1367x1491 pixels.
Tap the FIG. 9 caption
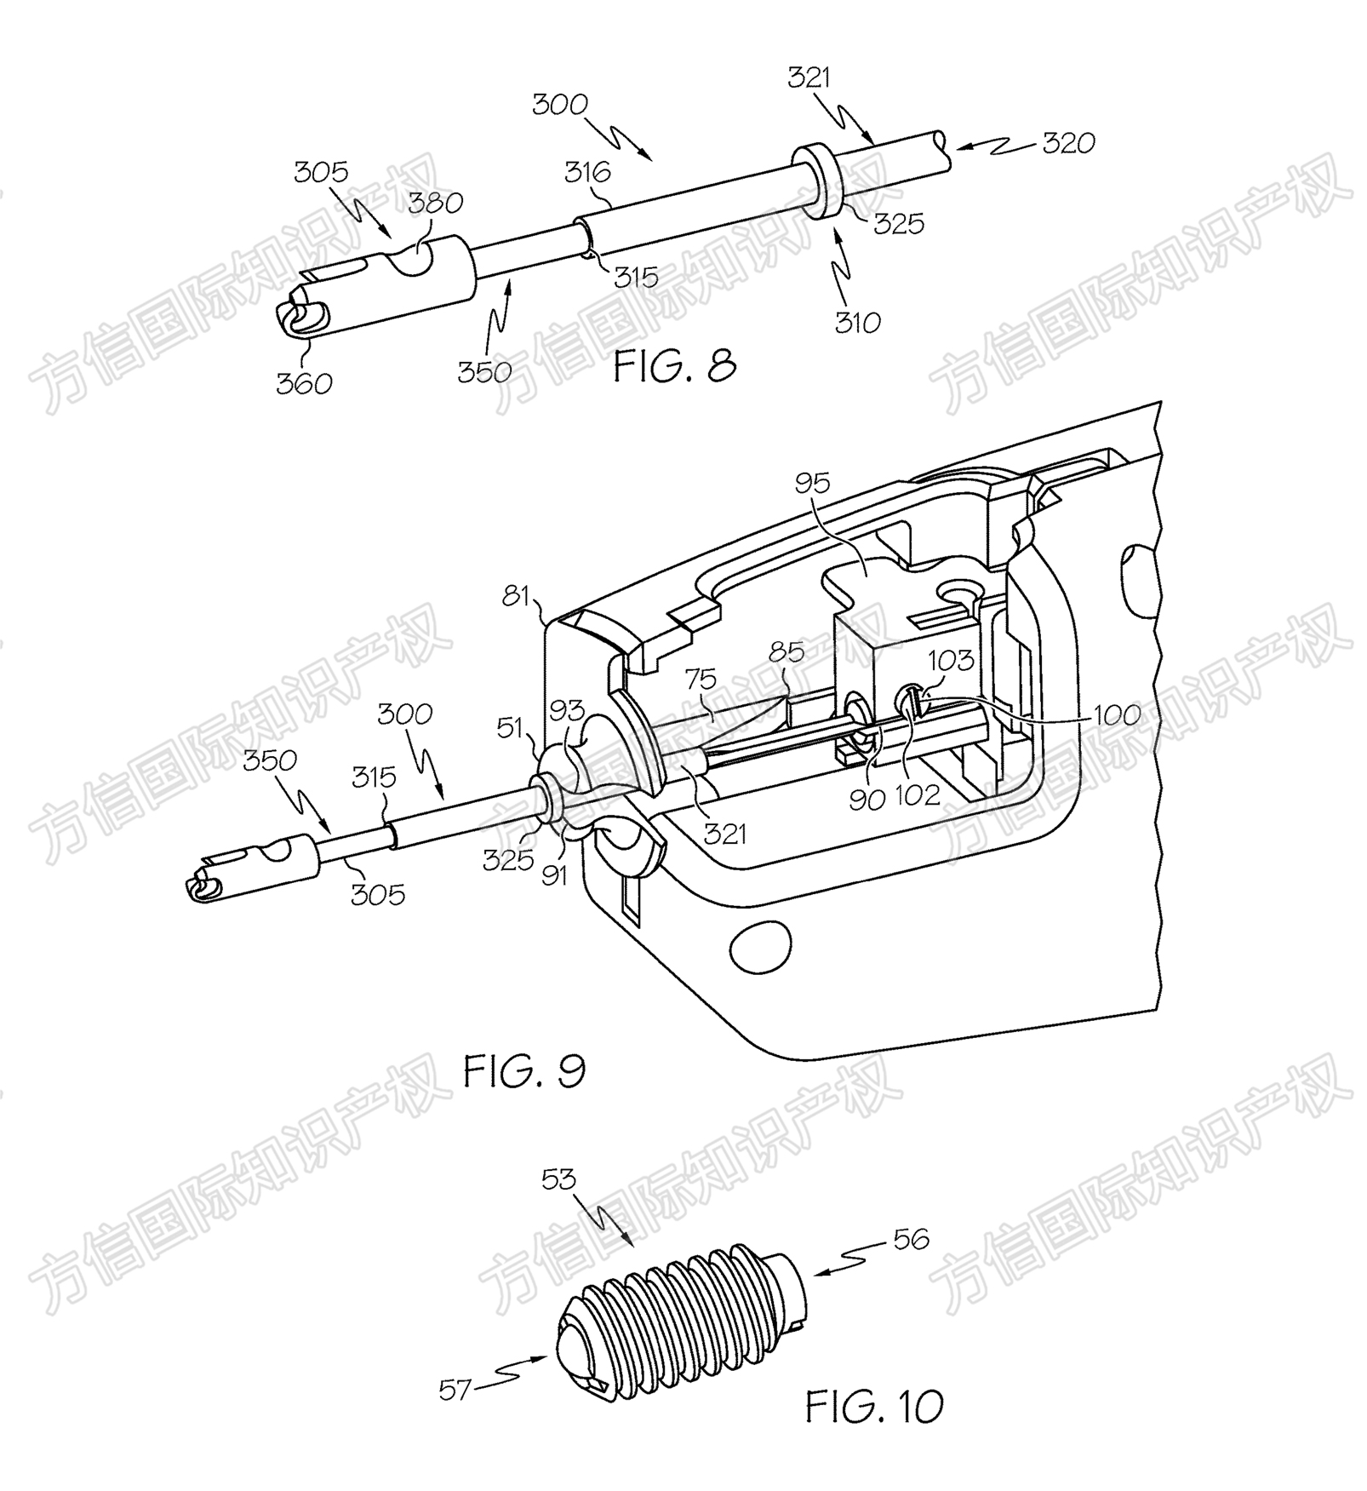point(524,1070)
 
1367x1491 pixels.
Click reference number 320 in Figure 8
point(1068,142)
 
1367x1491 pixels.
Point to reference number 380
point(435,203)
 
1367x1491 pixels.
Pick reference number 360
point(304,383)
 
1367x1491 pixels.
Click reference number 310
point(857,322)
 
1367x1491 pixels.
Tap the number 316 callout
point(587,172)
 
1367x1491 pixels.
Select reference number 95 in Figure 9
point(812,483)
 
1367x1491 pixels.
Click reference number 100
point(1117,714)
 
